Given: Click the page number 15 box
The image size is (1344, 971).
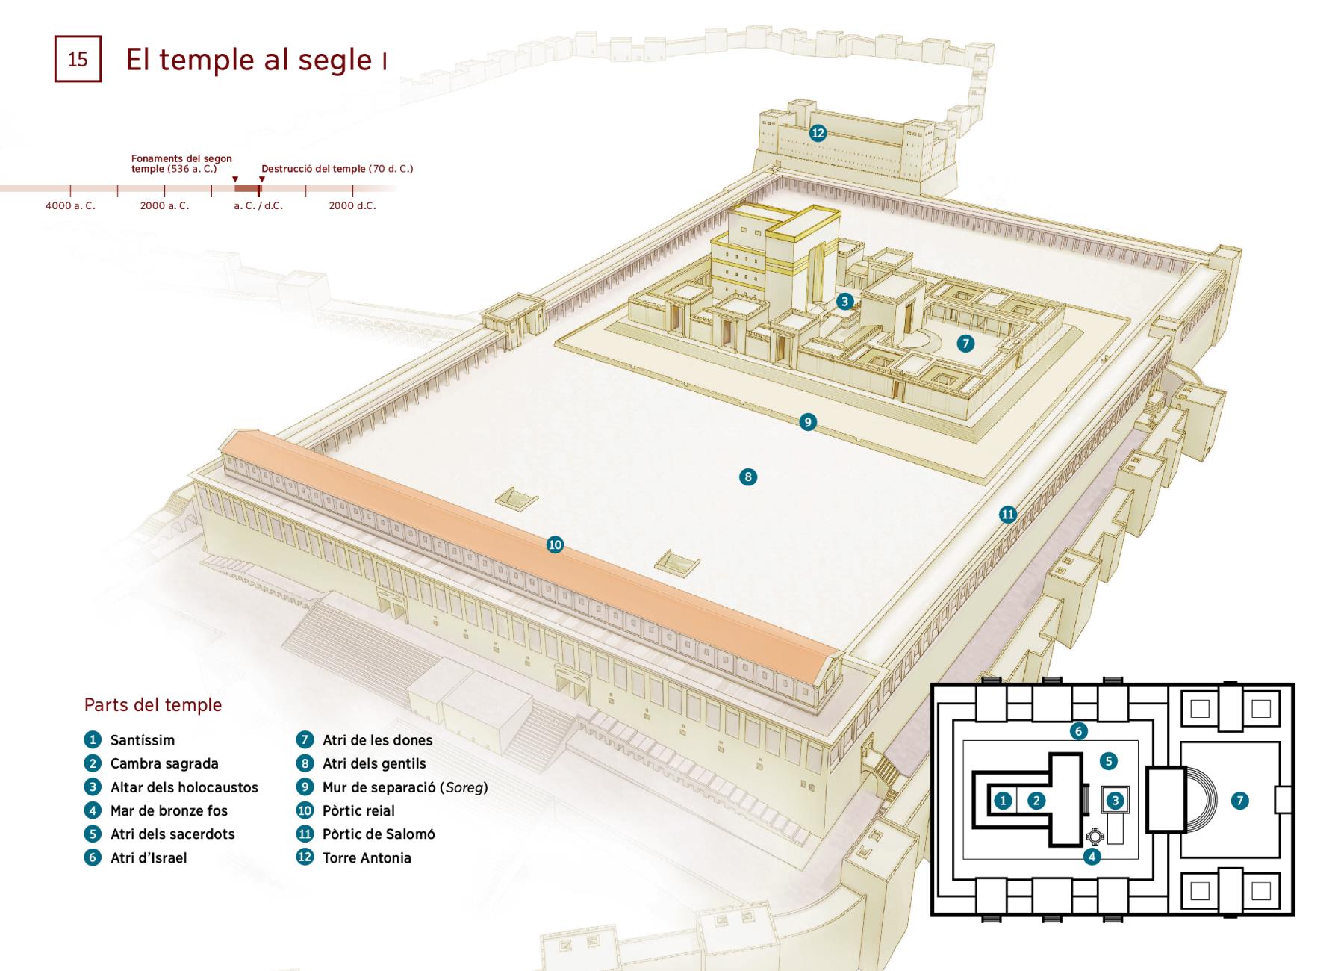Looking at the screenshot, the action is [78, 59].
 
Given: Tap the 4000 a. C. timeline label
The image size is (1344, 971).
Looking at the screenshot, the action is [70, 205].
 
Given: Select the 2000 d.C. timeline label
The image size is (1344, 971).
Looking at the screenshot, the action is [352, 205].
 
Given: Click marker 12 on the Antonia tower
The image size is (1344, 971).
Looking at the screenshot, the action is [818, 133].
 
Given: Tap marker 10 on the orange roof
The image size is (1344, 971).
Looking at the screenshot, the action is [555, 545].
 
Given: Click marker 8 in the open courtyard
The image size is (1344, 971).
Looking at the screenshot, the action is [748, 477].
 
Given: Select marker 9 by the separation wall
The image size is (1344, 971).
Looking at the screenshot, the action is [807, 422].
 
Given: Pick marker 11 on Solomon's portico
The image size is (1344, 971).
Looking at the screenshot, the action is [1008, 514].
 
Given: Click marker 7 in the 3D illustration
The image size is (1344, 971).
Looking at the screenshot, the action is [965, 343].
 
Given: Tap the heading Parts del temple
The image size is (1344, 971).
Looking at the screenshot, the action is [153, 705].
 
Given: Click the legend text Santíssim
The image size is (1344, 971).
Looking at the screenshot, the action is [143, 740].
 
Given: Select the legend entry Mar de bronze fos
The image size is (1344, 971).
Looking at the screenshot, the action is [169, 810].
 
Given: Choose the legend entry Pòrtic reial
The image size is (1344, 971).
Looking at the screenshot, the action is [358, 810].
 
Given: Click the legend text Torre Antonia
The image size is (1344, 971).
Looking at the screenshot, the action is [367, 857].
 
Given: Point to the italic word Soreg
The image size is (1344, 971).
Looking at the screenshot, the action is [464, 787].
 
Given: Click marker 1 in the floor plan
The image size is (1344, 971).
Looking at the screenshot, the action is [1003, 801].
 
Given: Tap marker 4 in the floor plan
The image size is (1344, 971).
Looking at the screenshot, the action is [1092, 857].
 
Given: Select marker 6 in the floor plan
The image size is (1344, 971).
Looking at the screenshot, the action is [1078, 731].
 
